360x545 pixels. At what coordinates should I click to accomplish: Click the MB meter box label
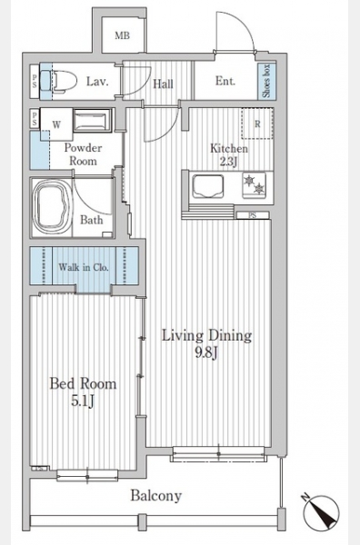(122, 35)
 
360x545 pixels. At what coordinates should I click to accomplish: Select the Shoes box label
(266, 81)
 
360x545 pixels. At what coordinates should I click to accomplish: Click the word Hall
(163, 84)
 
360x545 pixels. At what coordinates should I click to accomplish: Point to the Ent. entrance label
(225, 81)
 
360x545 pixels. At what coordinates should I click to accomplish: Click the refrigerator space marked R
(257, 124)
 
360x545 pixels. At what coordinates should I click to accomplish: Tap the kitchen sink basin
(207, 186)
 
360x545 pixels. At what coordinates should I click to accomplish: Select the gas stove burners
(254, 185)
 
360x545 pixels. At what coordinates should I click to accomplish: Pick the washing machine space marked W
(56, 124)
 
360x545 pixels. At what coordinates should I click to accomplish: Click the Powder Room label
(83, 154)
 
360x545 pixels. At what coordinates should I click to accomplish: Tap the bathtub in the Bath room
(51, 208)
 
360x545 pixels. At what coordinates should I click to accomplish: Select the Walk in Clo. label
(84, 267)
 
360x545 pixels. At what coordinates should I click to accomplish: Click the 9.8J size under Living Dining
(206, 353)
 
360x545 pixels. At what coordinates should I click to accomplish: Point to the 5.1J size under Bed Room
(83, 401)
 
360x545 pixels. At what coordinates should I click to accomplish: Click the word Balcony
(156, 496)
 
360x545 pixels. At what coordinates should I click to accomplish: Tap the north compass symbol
(321, 512)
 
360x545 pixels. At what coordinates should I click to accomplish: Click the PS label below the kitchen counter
(253, 215)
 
